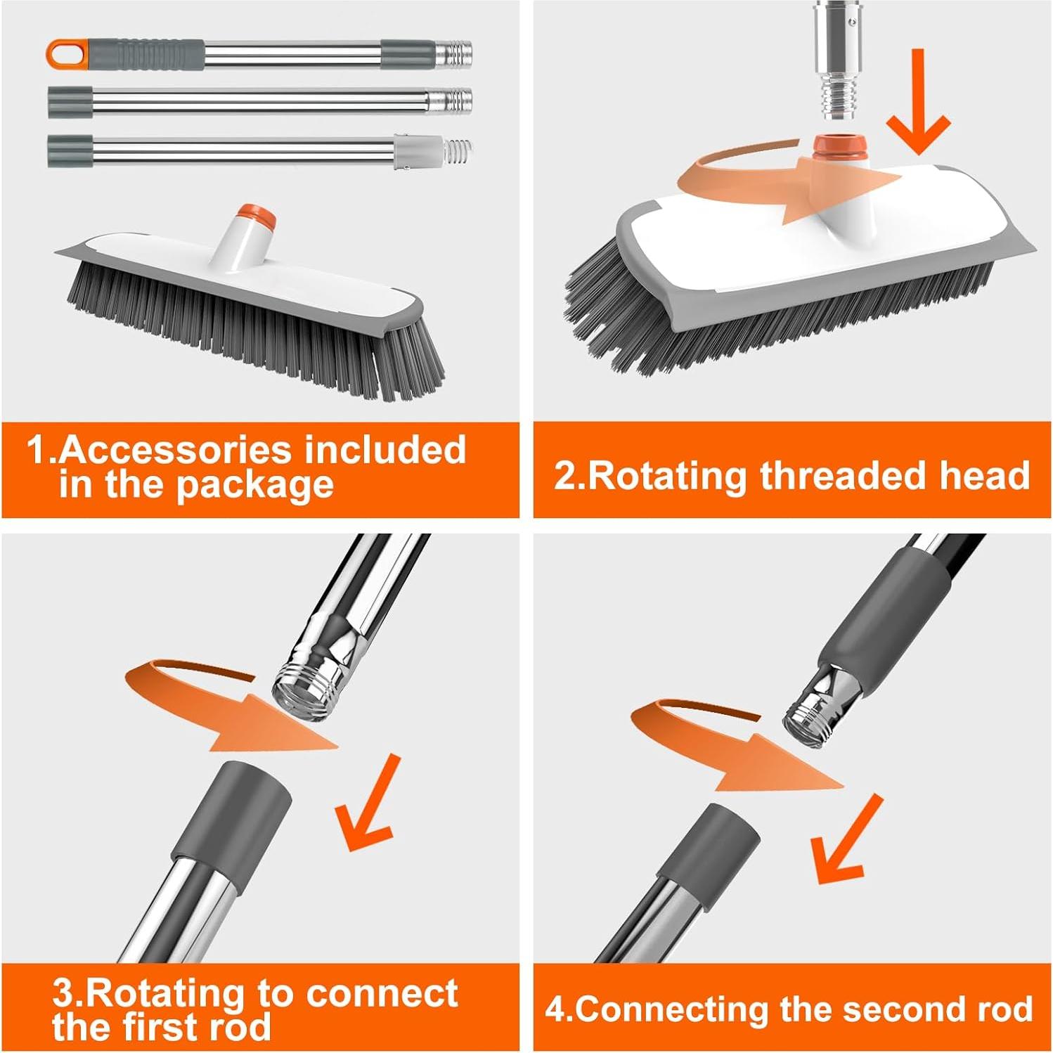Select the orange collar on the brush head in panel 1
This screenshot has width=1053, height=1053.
pyautogui.click(x=255, y=217)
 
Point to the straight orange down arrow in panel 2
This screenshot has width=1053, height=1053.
pyautogui.click(x=918, y=103)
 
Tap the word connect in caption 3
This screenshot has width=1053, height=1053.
pyautogui.click(x=382, y=993)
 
